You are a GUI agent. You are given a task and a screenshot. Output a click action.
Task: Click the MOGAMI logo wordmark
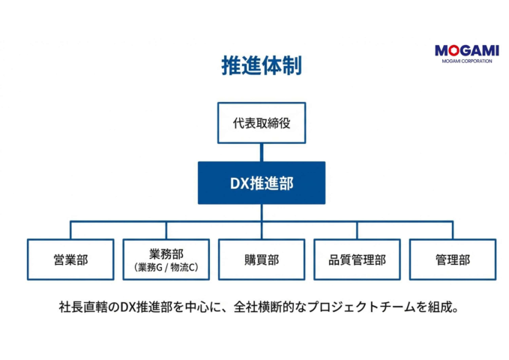(x=466, y=50)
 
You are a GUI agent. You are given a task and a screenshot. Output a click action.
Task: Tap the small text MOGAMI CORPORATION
(x=466, y=61)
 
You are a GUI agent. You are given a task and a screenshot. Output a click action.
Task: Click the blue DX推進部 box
(x=262, y=183)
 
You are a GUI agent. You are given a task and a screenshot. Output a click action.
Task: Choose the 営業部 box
(x=71, y=259)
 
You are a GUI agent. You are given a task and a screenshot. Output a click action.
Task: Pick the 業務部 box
(x=166, y=259)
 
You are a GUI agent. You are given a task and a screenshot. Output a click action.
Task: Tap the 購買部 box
(x=262, y=259)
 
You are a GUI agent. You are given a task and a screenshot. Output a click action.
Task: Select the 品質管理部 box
(x=357, y=259)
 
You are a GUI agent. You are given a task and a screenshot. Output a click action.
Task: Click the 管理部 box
(x=452, y=259)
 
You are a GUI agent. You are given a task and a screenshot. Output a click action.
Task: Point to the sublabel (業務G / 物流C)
(x=166, y=267)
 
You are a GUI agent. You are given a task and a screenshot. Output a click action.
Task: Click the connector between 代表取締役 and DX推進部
(x=262, y=152)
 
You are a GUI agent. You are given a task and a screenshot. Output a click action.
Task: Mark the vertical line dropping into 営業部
(x=71, y=230)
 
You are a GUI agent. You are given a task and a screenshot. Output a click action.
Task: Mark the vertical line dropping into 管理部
(x=452, y=230)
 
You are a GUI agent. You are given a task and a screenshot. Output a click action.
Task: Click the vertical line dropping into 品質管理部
(x=357, y=230)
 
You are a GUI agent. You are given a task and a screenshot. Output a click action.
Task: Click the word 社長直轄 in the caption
(x=82, y=307)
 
